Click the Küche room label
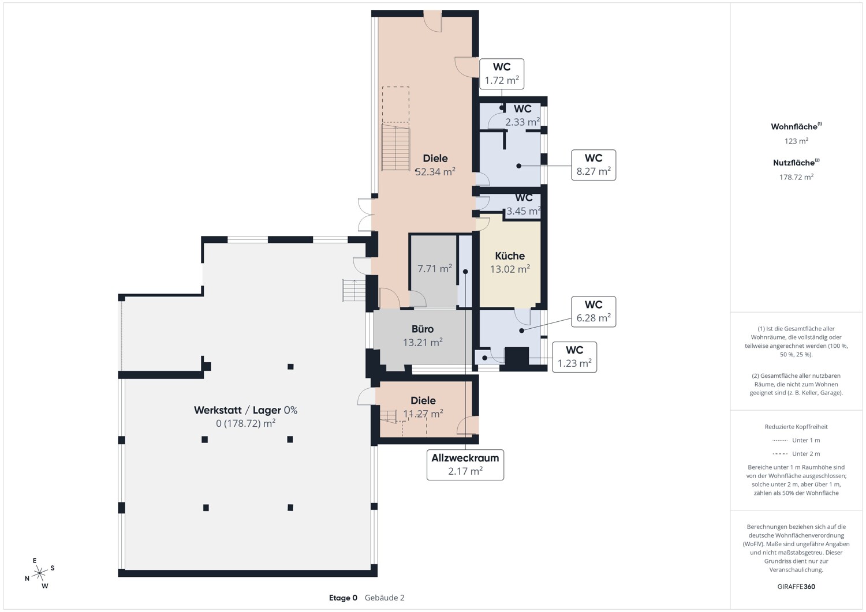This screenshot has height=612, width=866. coord(510,256)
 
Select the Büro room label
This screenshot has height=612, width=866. coord(423,329)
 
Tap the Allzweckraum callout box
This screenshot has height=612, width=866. coord(465,465)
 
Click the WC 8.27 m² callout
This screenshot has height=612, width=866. coord(593,165)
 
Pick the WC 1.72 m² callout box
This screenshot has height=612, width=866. coord(502,74)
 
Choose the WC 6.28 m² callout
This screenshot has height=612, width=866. coord(593,312)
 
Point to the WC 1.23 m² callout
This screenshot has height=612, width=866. coord(574,357)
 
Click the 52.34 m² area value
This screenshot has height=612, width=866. coord(435,172)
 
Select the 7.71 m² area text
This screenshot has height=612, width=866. coord(435,269)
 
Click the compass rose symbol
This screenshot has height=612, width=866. coord(39,573)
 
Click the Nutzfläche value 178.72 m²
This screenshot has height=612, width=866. coord(796,177)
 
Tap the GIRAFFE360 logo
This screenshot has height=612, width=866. coord(796,587)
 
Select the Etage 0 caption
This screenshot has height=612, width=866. coord(343,598)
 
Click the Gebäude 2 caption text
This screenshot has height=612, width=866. coord(385,598)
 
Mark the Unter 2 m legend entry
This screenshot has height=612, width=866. coord(796,453)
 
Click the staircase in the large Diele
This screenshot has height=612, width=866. coord(395,147)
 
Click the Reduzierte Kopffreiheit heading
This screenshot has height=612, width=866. coord(796,427)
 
